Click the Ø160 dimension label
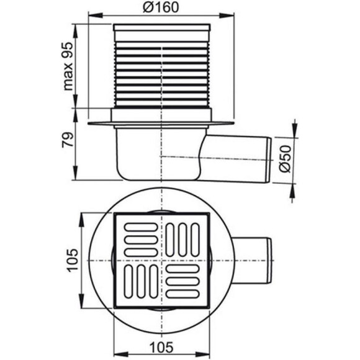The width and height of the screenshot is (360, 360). click(x=161, y=7)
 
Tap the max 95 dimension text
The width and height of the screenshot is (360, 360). click(x=68, y=66)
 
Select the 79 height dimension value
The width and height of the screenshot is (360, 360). click(x=68, y=140)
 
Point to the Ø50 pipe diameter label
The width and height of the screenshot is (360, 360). click(x=285, y=158)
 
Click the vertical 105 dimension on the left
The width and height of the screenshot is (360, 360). click(x=73, y=260)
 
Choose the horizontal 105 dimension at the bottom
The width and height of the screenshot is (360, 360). click(x=161, y=347)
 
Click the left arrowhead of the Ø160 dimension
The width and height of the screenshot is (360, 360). click(x=96, y=16)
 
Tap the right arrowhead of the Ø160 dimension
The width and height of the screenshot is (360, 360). click(x=227, y=16)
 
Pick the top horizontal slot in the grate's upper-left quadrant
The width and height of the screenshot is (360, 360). click(x=141, y=227)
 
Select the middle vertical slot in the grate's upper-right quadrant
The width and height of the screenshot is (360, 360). click(x=182, y=240)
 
